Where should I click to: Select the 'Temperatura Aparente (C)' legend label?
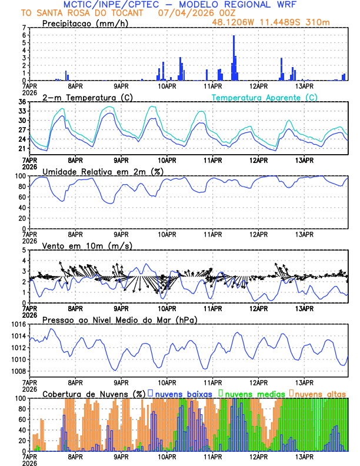[264, 97]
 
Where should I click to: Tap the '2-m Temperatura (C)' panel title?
[82, 97]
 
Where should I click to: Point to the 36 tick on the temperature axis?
[22, 102]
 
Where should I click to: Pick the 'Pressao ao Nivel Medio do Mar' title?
[119, 319]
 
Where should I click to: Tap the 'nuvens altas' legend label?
[321, 393]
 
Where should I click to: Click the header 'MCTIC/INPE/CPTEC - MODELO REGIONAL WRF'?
[179, 4]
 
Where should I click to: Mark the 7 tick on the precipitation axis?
[24, 28]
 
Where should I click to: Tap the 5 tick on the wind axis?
[24, 250]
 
